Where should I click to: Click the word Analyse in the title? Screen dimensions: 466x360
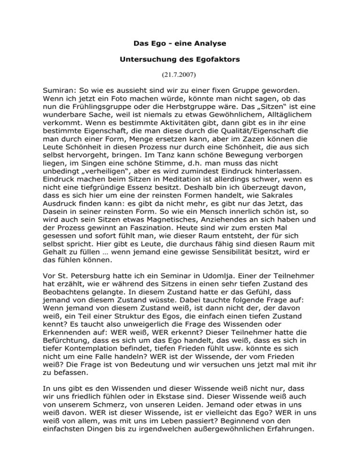tap(208, 44)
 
